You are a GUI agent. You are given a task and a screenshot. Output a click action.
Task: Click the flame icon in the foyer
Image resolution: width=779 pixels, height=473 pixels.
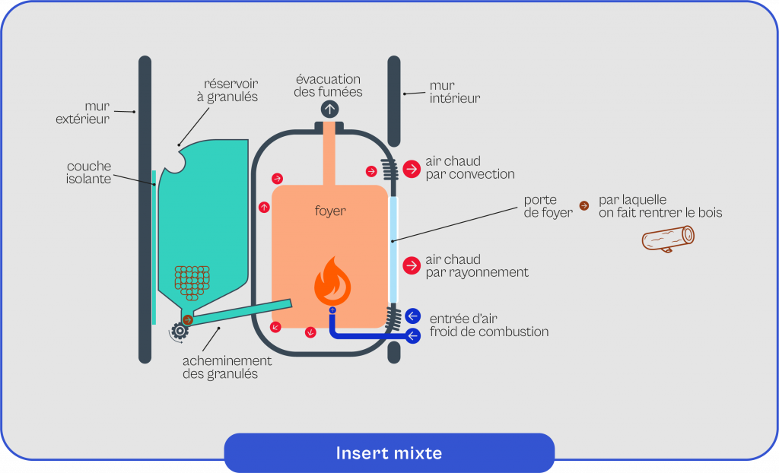(332, 281)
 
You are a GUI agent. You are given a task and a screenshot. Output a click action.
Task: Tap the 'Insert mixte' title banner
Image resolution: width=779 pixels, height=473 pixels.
(389, 453)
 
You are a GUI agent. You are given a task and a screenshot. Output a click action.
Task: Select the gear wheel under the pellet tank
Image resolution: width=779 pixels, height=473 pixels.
(180, 331)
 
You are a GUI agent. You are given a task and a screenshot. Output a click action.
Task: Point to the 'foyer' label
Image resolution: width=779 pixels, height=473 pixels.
(330, 211)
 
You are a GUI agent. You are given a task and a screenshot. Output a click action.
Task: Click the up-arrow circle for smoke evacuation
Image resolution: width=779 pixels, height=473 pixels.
(329, 109)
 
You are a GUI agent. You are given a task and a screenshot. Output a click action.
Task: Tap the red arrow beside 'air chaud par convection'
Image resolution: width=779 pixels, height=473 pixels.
(412, 169)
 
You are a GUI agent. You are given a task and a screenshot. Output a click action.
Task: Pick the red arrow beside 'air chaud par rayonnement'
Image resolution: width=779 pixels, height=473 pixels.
(412, 265)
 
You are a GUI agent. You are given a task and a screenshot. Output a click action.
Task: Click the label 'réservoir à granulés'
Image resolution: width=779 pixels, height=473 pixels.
(231, 90)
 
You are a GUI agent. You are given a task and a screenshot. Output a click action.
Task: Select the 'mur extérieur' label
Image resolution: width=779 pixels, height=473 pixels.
(83, 113)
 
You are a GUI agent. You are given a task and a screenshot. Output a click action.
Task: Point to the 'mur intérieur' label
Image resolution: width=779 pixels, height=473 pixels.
(455, 92)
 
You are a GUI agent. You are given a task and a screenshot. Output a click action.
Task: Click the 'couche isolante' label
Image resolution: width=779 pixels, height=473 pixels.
(89, 173)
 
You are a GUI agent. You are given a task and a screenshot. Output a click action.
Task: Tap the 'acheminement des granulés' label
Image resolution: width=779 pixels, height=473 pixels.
(227, 367)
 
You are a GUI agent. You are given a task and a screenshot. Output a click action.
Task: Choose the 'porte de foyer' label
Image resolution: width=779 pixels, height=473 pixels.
(548, 206)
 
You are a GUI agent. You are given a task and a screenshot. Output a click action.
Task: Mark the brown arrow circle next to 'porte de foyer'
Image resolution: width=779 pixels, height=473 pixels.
(583, 205)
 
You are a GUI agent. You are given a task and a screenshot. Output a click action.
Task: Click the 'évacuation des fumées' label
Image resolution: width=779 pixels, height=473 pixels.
(329, 85)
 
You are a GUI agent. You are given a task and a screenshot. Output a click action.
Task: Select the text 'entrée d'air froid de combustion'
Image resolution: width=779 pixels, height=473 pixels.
(488, 325)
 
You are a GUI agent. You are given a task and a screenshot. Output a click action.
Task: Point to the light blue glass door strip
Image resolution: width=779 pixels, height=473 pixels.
(393, 250)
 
